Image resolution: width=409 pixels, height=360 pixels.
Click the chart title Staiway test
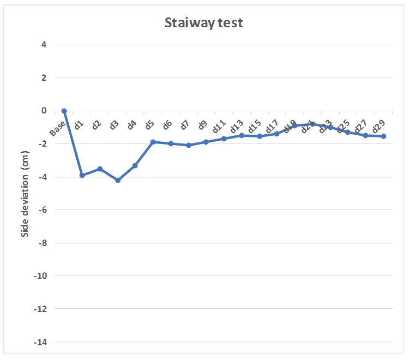[204, 23]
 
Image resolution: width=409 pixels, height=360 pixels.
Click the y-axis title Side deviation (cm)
[25, 194]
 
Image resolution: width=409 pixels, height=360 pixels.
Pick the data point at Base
[64, 111]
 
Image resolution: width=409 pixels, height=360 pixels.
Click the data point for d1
[82, 175]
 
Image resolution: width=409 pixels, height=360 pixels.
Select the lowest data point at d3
[118, 180]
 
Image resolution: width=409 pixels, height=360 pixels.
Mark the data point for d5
[153, 142]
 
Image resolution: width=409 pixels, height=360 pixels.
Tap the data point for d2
[100, 169]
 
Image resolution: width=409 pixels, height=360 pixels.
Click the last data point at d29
[383, 136]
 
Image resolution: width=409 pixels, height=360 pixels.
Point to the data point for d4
[135, 165]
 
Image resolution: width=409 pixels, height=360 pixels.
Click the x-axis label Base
[58, 127]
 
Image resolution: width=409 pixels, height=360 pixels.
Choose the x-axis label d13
[237, 126]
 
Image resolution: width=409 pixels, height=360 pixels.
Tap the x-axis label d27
[360, 126]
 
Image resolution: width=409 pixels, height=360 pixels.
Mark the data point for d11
[224, 139]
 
